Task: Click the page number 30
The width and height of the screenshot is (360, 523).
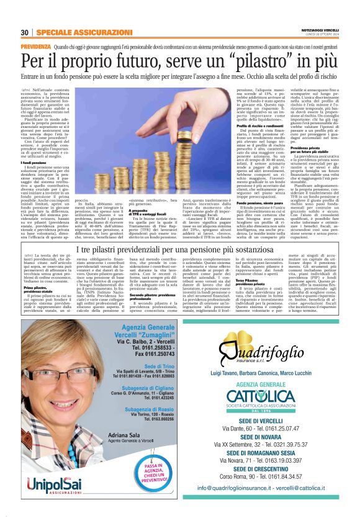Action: click(x=24, y=32)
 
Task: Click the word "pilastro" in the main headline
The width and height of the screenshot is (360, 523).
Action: click(x=261, y=61)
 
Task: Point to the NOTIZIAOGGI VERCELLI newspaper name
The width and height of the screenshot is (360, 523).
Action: click(x=319, y=30)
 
